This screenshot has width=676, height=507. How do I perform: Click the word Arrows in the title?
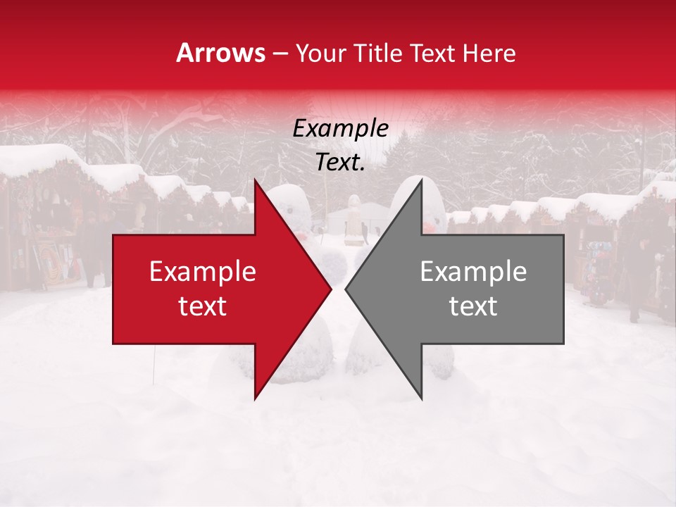[x=220, y=53]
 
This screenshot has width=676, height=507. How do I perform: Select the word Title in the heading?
[x=380, y=54]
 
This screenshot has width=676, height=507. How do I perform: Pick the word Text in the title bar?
[x=433, y=54]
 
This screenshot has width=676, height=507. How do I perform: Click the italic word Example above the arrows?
[x=340, y=129]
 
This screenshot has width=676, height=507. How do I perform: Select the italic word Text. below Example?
[x=340, y=163]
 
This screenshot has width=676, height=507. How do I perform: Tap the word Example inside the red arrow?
[x=202, y=272]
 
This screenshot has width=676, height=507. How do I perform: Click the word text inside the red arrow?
[x=202, y=306]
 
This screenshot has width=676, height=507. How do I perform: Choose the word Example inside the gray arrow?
[x=473, y=272]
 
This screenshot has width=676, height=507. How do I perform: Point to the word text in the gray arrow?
[x=473, y=306]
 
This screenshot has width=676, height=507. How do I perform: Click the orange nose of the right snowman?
[x=427, y=227]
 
